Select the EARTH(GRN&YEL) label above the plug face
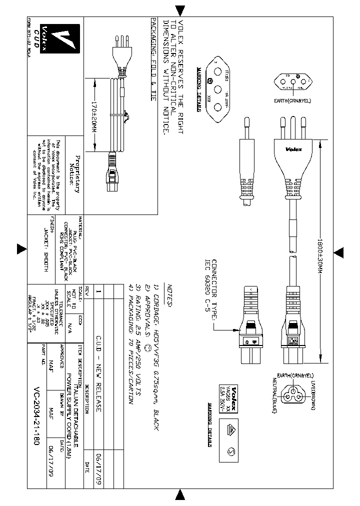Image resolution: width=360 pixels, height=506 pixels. [293, 100]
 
